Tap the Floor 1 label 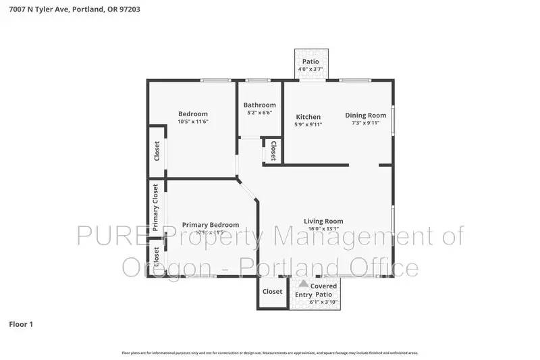(20, 324)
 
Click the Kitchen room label (308, 117)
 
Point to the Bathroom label (260, 105)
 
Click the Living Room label (323, 221)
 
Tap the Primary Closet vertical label (155, 207)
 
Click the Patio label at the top (310, 62)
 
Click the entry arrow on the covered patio (304, 284)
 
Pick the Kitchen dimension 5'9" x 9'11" (308, 124)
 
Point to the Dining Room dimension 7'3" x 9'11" (366, 124)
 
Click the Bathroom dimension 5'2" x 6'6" (260, 113)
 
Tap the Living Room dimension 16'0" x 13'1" (323, 228)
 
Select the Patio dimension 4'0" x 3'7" (310, 69)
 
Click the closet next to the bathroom (273, 151)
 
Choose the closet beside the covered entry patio (272, 292)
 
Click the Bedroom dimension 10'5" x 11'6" (193, 122)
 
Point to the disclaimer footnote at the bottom (270, 353)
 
